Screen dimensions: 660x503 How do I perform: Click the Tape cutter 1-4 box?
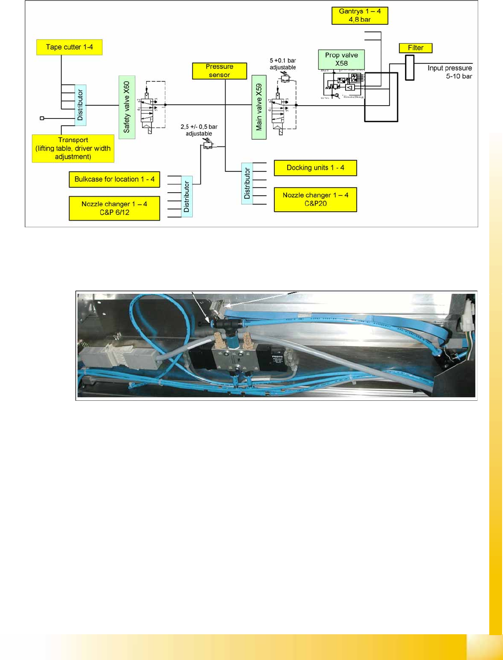coord(69,47)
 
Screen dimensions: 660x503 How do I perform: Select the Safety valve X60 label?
coord(127,107)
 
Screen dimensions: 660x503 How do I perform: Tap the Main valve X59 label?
coord(259,107)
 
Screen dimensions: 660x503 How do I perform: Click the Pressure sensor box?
coord(219,71)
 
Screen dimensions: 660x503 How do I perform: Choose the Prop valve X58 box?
coord(341,59)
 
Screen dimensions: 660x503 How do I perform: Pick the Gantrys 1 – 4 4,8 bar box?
coord(359,16)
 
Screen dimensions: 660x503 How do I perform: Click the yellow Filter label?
coord(415,48)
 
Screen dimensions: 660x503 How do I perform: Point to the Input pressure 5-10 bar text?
coord(449,72)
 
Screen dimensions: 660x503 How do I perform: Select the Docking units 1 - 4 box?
coord(315,168)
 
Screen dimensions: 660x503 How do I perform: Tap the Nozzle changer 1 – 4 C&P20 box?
coord(315,199)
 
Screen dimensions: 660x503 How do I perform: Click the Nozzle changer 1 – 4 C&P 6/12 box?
coord(114,208)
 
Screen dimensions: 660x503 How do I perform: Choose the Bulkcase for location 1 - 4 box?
coord(114,179)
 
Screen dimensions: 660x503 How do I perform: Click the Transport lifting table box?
coord(73,148)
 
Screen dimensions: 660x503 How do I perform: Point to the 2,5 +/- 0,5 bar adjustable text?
coord(199,130)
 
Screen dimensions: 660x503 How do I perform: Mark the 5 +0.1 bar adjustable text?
coord(283,64)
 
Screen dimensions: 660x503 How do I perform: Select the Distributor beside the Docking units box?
coord(247,184)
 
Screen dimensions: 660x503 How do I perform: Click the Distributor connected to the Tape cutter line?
coord(80,105)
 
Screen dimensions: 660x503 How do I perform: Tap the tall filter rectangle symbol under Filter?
coord(409,67)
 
